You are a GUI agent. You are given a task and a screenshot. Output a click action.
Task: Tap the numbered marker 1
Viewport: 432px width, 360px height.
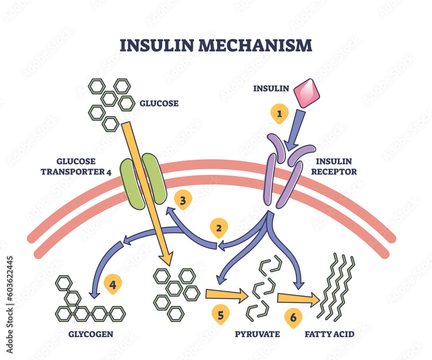click(280, 114)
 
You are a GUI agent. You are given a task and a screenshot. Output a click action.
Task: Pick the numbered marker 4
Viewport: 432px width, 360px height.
click(113, 285)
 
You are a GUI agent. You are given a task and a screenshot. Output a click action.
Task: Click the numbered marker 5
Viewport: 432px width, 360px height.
click(221, 315)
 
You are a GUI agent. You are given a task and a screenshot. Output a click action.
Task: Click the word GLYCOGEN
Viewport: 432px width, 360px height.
click(91, 334)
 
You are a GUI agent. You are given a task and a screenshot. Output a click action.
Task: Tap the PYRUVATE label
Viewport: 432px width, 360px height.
click(257, 334)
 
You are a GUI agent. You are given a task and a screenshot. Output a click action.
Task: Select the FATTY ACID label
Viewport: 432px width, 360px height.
click(330, 334)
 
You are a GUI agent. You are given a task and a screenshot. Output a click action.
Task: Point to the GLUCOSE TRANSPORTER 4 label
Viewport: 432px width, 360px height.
click(76, 166)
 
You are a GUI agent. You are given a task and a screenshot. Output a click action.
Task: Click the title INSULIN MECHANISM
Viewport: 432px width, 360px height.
click(215, 45)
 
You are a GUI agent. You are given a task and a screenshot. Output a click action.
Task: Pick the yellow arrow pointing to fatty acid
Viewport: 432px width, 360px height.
click(298, 299)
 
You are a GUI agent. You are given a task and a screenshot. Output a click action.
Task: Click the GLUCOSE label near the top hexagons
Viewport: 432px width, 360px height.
click(159, 103)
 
